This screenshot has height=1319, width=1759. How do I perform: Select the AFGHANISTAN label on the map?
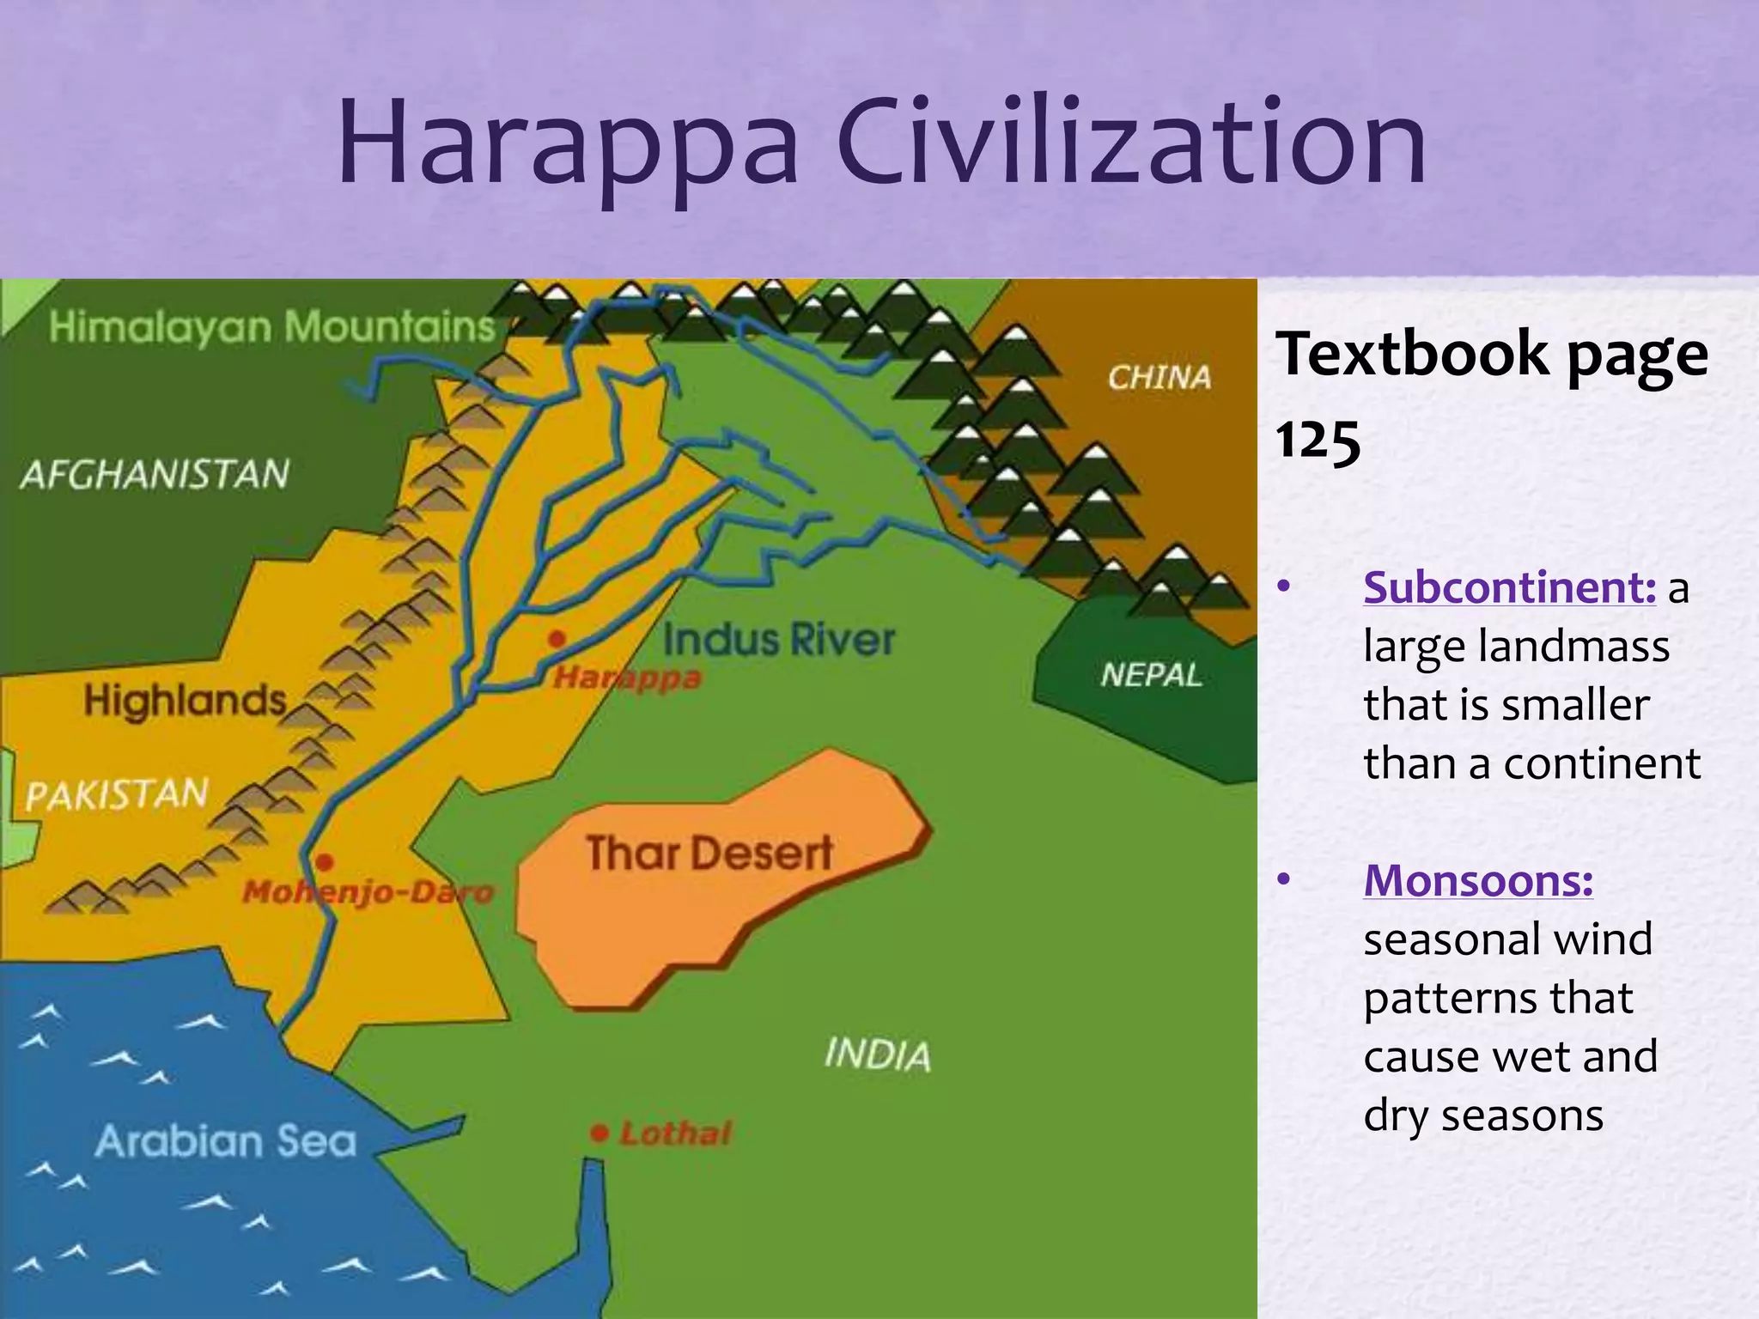coord(155,475)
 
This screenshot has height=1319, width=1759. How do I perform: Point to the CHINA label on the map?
coord(1159,377)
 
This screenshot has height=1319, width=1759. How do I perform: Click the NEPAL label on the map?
coord(1151,676)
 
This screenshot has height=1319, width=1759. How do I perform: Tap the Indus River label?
coord(779,641)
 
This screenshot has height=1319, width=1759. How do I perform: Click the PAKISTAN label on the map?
coord(117,794)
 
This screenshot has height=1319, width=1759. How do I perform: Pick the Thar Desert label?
coord(709,854)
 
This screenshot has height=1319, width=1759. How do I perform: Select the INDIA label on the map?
coord(877,1055)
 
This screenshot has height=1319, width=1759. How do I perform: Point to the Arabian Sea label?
coord(226,1142)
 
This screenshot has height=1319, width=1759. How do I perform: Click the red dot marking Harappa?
coord(557,639)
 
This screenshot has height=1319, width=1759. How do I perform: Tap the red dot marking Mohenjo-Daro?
coord(325,862)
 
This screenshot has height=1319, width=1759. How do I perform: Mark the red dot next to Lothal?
coord(600,1134)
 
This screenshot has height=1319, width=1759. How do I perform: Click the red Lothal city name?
coord(676,1134)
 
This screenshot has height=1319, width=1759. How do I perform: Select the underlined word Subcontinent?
coord(1509,589)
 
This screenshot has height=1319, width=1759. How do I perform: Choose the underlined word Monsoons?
coord(1478,882)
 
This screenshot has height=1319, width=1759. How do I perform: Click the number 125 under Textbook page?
coord(1318,441)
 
